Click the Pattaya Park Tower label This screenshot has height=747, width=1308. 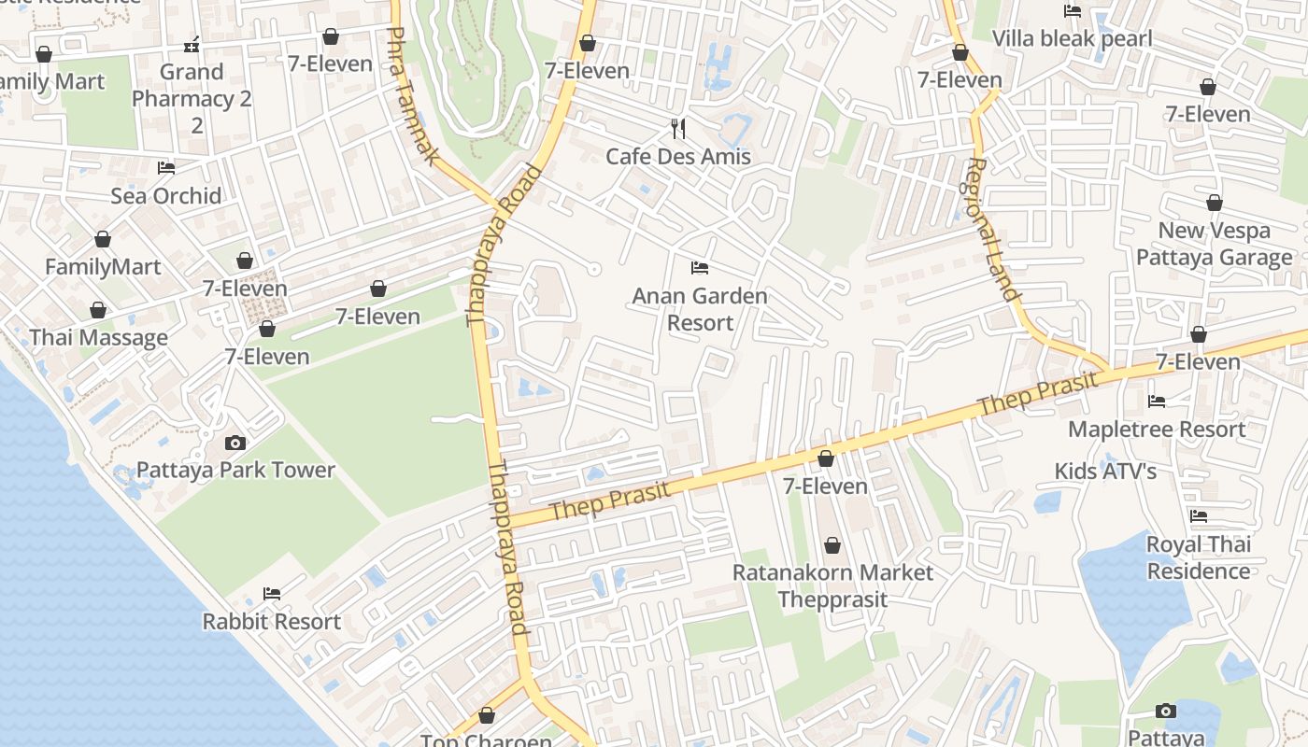pyautogui.click(x=235, y=470)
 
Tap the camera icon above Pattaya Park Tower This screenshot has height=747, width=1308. pyautogui.click(x=235, y=444)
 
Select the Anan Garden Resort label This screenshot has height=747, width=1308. pyautogui.click(x=700, y=309)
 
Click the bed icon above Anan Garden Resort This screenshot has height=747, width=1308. pyautogui.click(x=700, y=269)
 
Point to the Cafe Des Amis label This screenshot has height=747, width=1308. pyautogui.click(x=678, y=156)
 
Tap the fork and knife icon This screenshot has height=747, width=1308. pyautogui.click(x=678, y=129)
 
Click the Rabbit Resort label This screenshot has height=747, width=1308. pyautogui.click(x=272, y=621)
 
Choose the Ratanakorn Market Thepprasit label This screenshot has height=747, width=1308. pyautogui.click(x=832, y=585)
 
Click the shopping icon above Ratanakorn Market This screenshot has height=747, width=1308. pyautogui.click(x=832, y=545)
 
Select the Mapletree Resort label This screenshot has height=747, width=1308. pyautogui.click(x=1157, y=430)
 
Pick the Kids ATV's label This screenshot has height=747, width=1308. pyautogui.click(x=1105, y=472)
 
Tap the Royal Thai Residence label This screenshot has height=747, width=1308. pyautogui.click(x=1199, y=557)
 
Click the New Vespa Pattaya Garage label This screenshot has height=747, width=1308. pyautogui.click(x=1215, y=244)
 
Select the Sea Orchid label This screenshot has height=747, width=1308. pyautogui.click(x=166, y=196)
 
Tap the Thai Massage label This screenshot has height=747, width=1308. pyautogui.click(x=99, y=338)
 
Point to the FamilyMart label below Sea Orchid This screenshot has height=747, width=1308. pyautogui.click(x=103, y=267)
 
